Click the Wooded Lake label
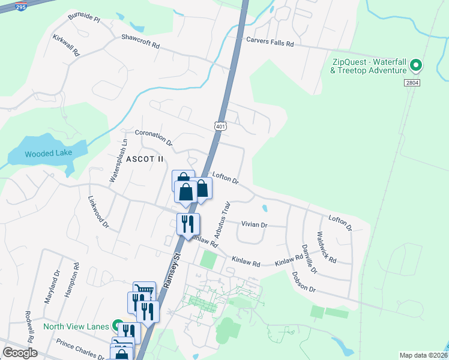pos(48,153)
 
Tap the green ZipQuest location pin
pos(414,65)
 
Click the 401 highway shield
pos(220,126)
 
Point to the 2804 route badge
pos(412,83)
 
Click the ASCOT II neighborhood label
pos(145,159)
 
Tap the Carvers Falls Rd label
pos(270,43)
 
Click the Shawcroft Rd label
pos(140,40)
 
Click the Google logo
pos(20,353)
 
